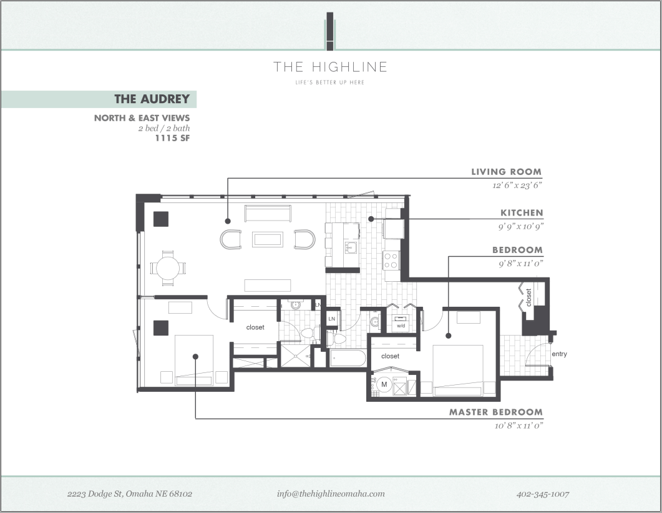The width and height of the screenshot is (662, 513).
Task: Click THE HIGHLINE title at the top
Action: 330,67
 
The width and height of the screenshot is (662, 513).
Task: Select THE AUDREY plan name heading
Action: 152,99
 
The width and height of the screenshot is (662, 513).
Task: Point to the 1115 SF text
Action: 172,138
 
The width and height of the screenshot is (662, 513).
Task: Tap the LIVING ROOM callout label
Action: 506,172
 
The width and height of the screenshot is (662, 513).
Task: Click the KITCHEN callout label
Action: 522,213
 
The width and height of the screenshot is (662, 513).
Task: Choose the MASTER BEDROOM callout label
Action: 496,412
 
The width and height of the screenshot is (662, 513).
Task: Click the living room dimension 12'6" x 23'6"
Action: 516,185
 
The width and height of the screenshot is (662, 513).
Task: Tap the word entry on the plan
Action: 560,354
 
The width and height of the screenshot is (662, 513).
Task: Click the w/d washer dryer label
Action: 401,326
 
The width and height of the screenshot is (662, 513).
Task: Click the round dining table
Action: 168,269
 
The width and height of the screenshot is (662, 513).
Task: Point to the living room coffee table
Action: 267,239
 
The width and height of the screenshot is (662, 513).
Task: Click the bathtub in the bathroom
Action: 348,359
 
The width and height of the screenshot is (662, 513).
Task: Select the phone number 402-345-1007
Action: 543,494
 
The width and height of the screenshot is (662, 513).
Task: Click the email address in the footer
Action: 331,494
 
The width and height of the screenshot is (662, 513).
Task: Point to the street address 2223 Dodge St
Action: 130,494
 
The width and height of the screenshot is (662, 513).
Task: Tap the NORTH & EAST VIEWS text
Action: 142,117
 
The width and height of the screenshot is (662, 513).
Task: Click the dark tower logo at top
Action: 330,31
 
